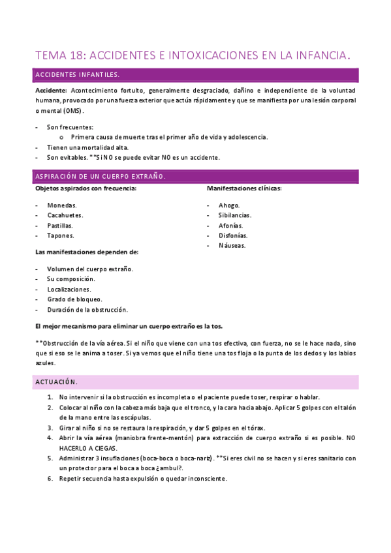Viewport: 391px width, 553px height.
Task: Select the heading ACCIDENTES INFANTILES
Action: (77, 75)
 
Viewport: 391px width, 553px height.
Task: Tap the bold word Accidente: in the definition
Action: (51, 90)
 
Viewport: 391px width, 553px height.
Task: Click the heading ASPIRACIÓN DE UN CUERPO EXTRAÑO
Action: (100, 177)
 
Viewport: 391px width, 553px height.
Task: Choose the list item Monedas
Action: (62, 205)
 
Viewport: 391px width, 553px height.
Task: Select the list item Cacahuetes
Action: (65, 215)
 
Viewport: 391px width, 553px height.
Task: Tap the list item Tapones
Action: (61, 235)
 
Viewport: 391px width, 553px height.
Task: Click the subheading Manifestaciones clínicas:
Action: (244, 188)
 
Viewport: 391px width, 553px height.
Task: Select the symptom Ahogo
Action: (229, 205)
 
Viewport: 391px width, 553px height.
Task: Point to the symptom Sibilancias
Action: (235, 215)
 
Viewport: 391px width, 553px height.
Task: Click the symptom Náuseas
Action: (232, 246)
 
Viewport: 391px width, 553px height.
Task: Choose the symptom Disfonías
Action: (233, 235)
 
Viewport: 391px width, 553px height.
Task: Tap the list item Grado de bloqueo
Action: (74, 299)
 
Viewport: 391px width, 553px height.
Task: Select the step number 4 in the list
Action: (51, 438)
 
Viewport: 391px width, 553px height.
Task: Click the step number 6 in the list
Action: (51, 478)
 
